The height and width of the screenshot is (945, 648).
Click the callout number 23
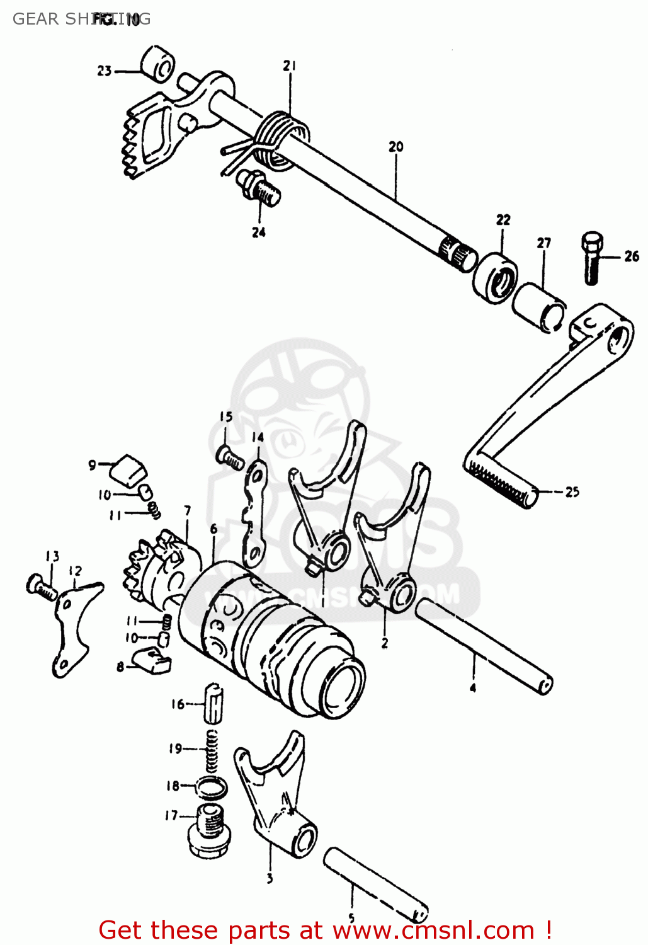click(x=104, y=71)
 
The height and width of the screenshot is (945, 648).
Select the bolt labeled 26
click(x=591, y=258)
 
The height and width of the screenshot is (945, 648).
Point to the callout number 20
click(x=395, y=146)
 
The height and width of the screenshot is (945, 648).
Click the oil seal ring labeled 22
click(x=496, y=278)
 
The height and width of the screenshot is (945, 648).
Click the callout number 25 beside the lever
click(x=572, y=492)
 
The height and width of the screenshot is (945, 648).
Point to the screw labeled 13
click(x=40, y=588)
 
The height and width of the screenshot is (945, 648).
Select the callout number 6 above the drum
click(x=213, y=529)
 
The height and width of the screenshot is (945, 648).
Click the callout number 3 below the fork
click(x=270, y=878)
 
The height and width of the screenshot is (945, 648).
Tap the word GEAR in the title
click(x=35, y=19)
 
